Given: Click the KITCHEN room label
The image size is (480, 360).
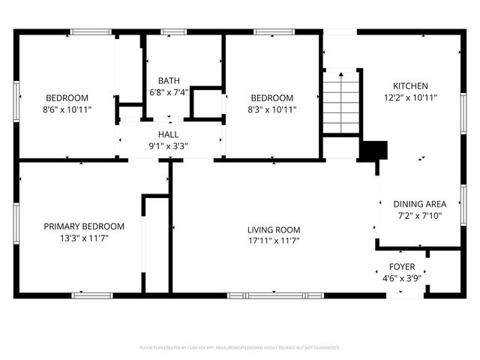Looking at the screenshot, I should tap(410, 85).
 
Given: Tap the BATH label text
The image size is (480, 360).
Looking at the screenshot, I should tap(168, 81).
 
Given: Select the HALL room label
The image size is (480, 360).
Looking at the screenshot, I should tap(168, 134).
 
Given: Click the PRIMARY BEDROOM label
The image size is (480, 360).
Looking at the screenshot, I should tap(83, 226).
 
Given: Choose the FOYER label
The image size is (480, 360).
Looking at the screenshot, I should tap(401, 266).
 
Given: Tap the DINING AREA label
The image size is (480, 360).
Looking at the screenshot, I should tap(420, 204).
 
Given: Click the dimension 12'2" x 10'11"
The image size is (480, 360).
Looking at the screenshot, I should tap(410, 97).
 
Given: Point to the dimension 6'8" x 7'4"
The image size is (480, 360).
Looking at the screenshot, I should tap(168, 92).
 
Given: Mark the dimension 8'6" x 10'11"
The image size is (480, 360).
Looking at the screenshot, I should tap(67, 109).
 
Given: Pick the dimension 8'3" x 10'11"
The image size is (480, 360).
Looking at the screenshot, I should tap(272, 109).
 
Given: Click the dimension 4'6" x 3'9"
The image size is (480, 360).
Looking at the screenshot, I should tap(401, 277).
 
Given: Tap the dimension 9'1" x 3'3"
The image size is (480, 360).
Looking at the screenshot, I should tap(168, 145).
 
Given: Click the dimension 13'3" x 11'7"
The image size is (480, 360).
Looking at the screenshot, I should tap(83, 238).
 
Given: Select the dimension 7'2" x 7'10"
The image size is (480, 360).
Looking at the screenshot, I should tap(420, 215).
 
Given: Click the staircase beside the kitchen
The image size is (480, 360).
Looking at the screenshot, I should tap(340, 100).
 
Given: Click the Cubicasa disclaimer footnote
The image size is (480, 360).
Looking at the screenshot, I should tap(240, 348).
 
